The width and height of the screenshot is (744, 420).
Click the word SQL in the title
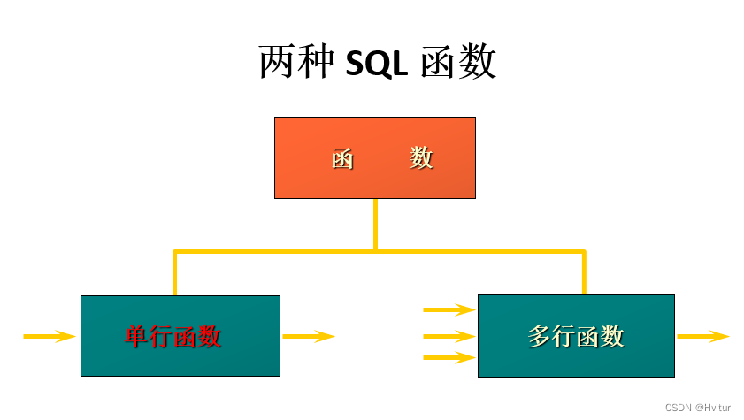(376, 63)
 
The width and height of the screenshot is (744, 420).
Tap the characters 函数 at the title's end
(458, 63)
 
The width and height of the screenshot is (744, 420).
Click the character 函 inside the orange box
(343, 158)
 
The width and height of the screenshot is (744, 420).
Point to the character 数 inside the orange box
(422, 157)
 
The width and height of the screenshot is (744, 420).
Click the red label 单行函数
(173, 336)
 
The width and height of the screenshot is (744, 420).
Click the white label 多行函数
(576, 336)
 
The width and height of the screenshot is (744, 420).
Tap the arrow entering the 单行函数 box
(50, 336)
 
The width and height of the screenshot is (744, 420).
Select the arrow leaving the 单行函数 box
(308, 336)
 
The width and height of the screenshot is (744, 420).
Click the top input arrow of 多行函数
(449, 309)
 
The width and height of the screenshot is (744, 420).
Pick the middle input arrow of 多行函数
(449, 336)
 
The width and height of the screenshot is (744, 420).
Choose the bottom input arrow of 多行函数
(449, 358)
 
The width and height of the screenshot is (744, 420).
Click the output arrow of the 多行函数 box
(702, 336)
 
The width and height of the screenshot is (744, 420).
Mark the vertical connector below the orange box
(375, 225)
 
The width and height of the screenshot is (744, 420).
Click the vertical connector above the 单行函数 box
(175, 274)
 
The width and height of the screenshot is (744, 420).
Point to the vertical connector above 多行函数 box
(584, 274)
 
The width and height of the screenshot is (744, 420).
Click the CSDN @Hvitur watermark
(697, 408)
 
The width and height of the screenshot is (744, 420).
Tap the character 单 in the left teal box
(137, 336)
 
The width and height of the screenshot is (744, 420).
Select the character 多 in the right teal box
(540, 336)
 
